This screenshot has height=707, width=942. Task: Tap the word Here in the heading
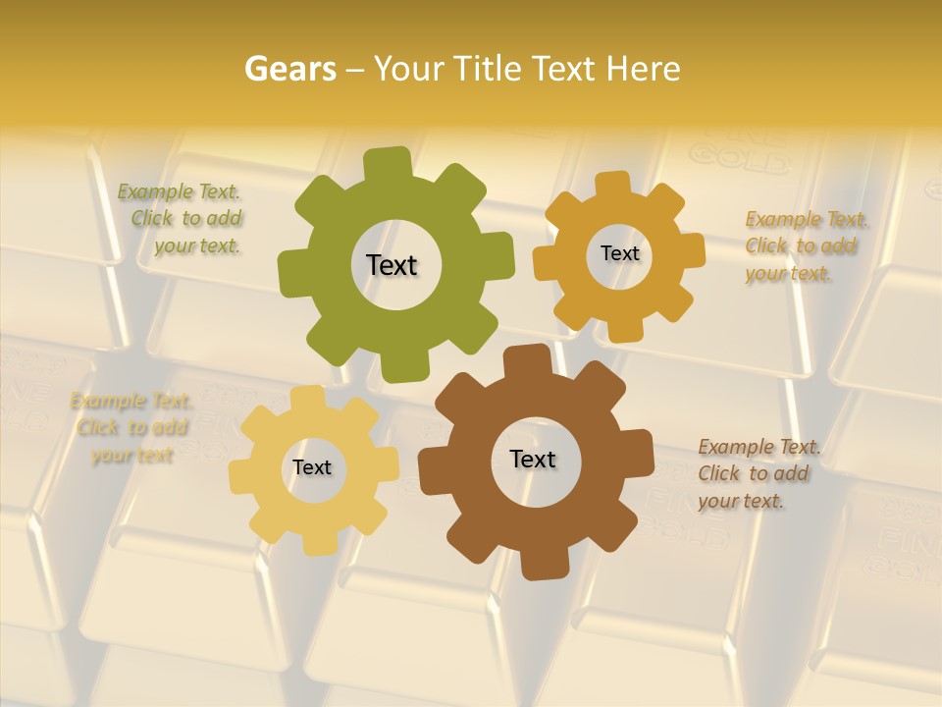point(643,69)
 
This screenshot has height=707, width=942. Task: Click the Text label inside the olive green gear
point(392,265)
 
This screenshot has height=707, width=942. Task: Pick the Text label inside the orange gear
point(619,253)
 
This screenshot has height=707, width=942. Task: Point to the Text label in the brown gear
point(533,459)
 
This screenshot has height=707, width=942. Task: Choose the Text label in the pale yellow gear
point(312,467)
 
